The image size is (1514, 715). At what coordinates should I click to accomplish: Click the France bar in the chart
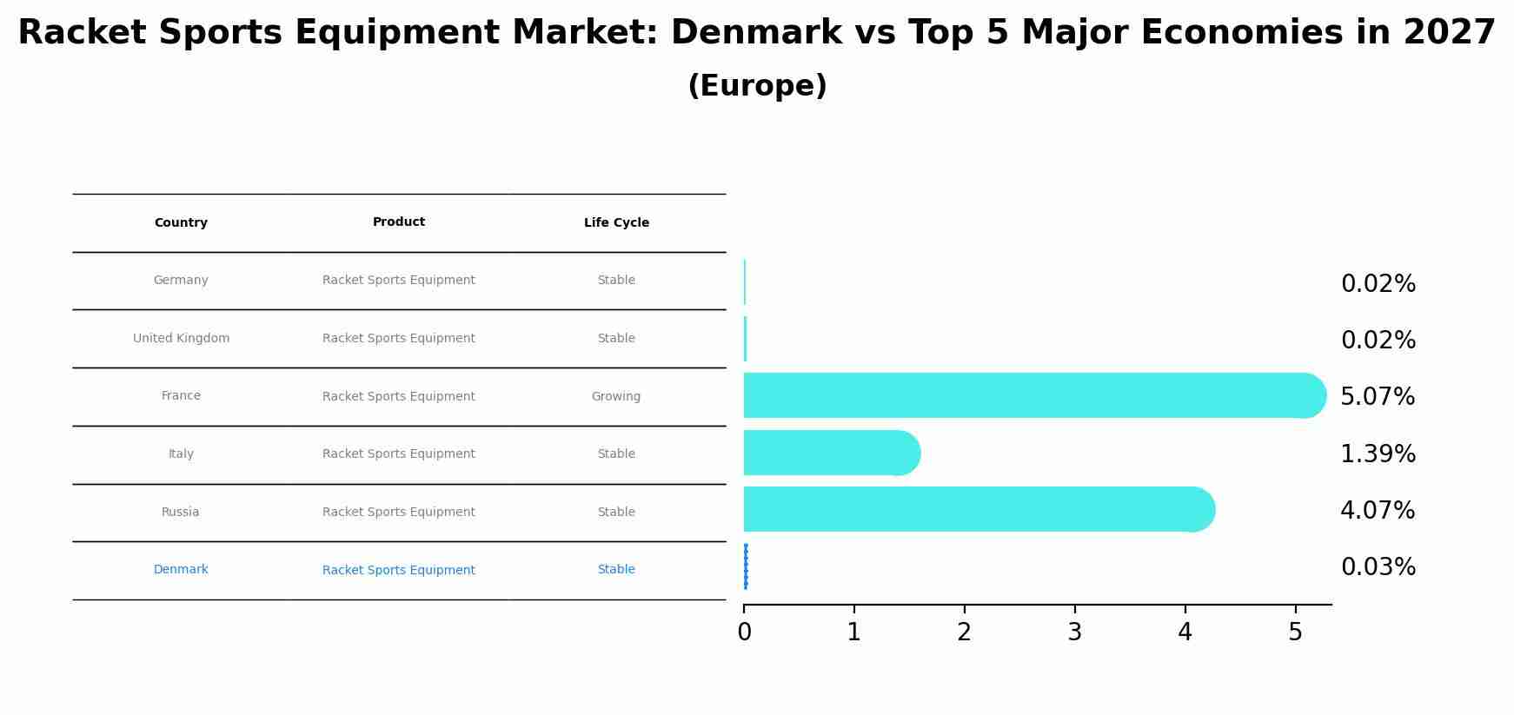point(1026,396)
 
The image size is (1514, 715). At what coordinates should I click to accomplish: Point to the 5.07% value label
point(1378,397)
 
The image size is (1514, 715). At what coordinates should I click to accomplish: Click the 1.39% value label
point(1378,454)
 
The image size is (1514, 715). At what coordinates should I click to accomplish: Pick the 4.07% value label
point(1378,511)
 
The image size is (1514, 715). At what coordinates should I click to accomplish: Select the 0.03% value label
point(1378,567)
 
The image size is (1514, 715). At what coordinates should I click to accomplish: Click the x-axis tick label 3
point(1075,632)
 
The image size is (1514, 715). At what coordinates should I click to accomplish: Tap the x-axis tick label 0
point(744,632)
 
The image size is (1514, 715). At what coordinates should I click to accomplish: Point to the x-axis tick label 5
point(1295,632)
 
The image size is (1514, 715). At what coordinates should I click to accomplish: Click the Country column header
point(181,223)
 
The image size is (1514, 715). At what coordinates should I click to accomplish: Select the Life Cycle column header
point(616,223)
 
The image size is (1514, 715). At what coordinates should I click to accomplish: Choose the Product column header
point(399,222)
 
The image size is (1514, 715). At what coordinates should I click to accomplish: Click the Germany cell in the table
point(181,281)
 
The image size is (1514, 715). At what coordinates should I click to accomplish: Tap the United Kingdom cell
point(181,339)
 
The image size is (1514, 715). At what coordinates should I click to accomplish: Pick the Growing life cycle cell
point(616,397)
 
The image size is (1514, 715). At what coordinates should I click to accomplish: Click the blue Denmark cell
point(181,570)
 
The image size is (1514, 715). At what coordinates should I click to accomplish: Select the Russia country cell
point(181,513)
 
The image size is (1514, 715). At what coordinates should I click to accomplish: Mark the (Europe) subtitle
point(757,86)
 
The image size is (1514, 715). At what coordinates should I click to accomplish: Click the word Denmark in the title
point(756,33)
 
